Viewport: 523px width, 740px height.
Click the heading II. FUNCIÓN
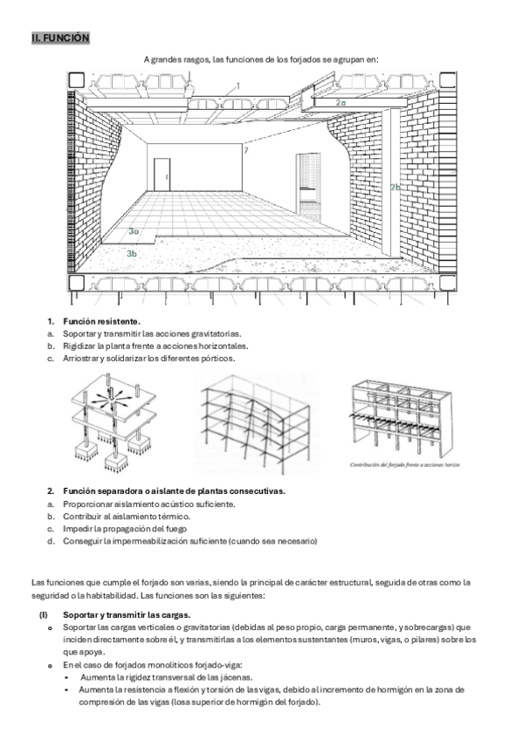[x=60, y=38]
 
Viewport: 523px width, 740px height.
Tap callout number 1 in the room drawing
[x=237, y=86]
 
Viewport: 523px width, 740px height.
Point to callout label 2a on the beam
[x=341, y=102]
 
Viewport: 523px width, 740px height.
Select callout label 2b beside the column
[x=396, y=187]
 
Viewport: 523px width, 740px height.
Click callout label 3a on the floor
[x=134, y=231]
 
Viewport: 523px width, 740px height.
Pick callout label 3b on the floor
[x=132, y=253]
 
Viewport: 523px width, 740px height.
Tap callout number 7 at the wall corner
[x=246, y=151]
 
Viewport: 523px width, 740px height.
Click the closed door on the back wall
[x=162, y=175]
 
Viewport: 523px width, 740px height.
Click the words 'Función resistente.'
[x=101, y=322]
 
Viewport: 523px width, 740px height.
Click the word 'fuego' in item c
[x=175, y=529]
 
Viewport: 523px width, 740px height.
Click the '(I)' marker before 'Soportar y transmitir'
[x=44, y=615]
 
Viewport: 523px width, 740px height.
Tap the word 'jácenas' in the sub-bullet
[x=236, y=678]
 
